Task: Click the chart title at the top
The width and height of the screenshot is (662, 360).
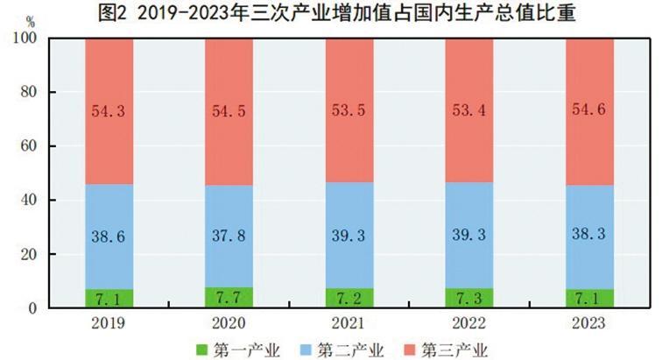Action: pos(332,13)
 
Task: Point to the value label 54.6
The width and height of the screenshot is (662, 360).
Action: pos(589,112)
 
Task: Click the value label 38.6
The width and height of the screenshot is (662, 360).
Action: pos(109,235)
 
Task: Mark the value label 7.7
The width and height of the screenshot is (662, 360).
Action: pos(229,298)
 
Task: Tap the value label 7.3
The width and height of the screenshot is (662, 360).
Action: pos(468,299)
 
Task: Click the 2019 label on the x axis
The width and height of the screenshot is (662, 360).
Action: pos(109,323)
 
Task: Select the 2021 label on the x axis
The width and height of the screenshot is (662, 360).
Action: pos(349,323)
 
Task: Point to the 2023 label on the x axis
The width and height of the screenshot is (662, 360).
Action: pos(589,323)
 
